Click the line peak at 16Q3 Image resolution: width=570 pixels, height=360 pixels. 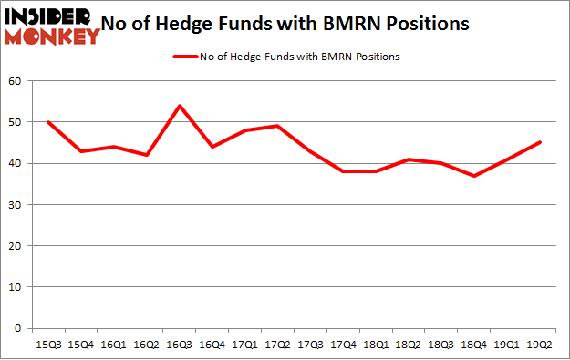point(179,106)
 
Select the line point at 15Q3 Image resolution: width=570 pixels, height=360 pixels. point(48,122)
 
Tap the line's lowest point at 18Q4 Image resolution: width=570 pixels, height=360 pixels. point(472,176)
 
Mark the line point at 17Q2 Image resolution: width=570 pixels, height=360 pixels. point(276,126)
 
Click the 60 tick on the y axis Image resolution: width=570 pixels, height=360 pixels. point(16,82)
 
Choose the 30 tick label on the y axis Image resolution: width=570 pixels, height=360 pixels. point(16,205)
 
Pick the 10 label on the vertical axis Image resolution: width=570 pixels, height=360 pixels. point(16,287)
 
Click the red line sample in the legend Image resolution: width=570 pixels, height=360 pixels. point(184,57)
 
